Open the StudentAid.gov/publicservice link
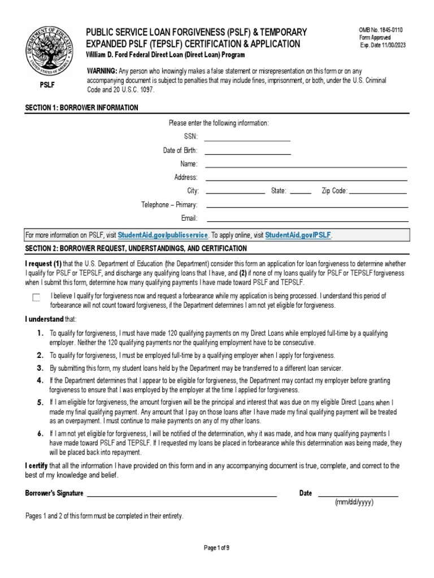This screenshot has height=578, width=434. point(163,235)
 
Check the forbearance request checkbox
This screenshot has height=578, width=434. point(36,297)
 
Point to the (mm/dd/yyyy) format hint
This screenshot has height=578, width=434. point(354,502)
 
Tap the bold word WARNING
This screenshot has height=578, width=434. point(101,71)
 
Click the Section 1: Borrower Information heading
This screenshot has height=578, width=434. point(81,107)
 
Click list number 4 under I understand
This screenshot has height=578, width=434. point(40,380)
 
